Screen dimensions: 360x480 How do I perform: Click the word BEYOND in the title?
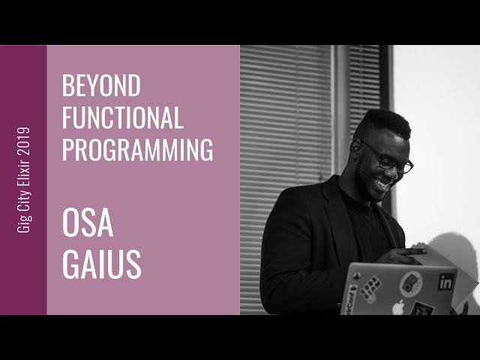(101, 86)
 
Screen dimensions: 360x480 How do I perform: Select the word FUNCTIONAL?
(122, 118)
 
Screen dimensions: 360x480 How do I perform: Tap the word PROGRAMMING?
(137, 149)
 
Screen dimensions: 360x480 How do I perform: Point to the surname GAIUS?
(102, 263)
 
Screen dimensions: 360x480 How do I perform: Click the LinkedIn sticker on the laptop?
(446, 283)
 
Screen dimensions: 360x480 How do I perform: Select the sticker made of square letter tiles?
(370, 288)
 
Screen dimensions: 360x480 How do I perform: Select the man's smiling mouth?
(383, 181)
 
